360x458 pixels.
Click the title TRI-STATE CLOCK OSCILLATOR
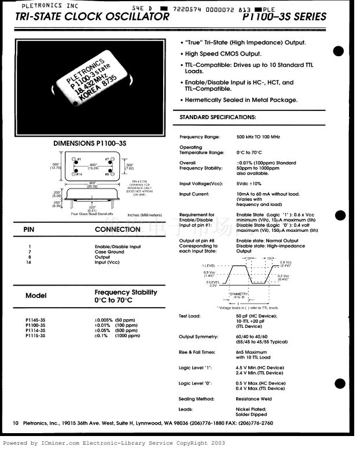click(x=93, y=17)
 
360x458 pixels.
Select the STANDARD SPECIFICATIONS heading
click(x=218, y=117)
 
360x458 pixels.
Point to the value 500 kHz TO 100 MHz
click(x=258, y=137)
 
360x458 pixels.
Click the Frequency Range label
click(x=200, y=137)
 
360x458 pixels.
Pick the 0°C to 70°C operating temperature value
click(x=249, y=153)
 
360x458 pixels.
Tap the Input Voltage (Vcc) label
click(x=201, y=184)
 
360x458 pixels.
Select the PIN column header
click(x=30, y=230)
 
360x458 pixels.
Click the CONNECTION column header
click(x=119, y=230)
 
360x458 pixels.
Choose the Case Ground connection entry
click(x=109, y=252)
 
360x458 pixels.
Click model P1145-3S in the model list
click(x=35, y=320)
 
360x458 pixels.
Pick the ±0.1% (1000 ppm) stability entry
click(x=117, y=335)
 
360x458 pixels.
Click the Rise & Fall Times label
click(x=197, y=352)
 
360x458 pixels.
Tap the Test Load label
click(x=189, y=316)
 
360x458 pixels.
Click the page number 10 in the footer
click(x=16, y=423)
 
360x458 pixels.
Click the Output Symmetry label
click(x=199, y=337)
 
